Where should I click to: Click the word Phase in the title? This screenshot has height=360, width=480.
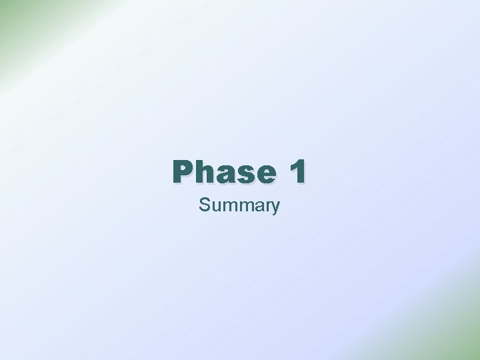223,172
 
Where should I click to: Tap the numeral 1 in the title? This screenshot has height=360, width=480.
297,172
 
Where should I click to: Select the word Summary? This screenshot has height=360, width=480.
239,205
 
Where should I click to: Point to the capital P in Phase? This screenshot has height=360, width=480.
182,172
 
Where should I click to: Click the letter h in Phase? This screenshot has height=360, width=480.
203,172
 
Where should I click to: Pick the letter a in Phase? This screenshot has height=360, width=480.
224,175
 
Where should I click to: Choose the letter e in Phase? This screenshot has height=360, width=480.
264,175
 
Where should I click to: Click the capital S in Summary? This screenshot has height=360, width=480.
203,205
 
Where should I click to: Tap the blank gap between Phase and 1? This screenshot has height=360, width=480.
281,172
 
